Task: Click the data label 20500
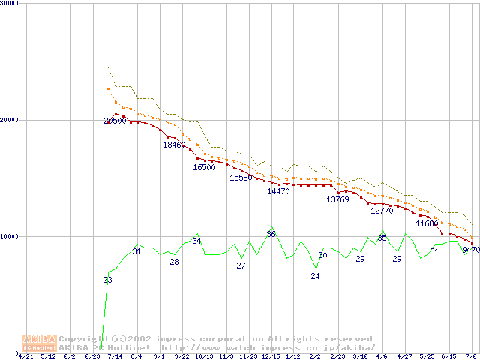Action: pyautogui.click(x=115, y=121)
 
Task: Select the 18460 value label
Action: pyautogui.click(x=174, y=145)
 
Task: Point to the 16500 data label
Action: pyautogui.click(x=204, y=167)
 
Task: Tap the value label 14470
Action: pyautogui.click(x=278, y=191)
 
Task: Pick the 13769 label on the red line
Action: pyautogui.click(x=337, y=199)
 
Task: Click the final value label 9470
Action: pyautogui.click(x=471, y=250)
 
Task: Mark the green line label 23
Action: pyautogui.click(x=108, y=280)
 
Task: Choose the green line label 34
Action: pyautogui.click(x=196, y=241)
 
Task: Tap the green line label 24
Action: pyautogui.click(x=315, y=276)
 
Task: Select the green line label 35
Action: pyautogui.click(x=382, y=238)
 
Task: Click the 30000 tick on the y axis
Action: pyautogui.click(x=10, y=4)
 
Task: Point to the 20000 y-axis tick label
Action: pyautogui.click(x=10, y=120)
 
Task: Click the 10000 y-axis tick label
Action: pyautogui.click(x=10, y=236)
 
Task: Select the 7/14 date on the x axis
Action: pyautogui.click(x=115, y=357)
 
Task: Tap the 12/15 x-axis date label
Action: pyautogui.click(x=271, y=357)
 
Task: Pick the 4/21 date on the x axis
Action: pyautogui.click(x=25, y=357)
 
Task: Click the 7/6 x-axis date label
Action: pyautogui.click(x=472, y=357)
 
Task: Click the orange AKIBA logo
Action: pyautogui.click(x=39, y=343)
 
